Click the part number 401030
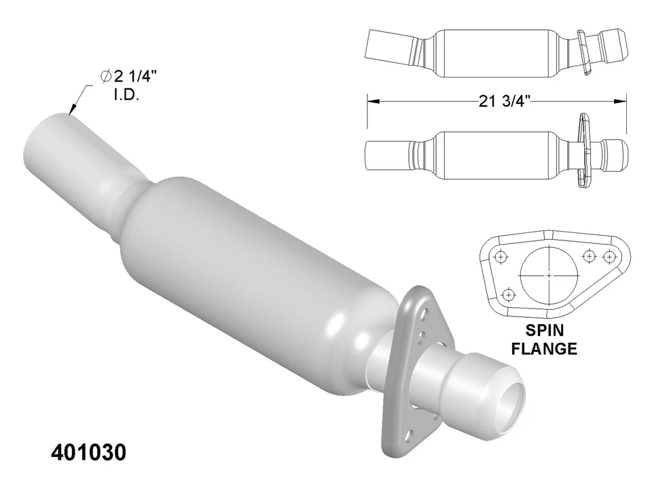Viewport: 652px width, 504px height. point(88,453)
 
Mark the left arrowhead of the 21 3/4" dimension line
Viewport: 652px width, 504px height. point(370,101)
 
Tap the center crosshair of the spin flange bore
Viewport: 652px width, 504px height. point(549,275)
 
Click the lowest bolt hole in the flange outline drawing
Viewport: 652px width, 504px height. point(507,295)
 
